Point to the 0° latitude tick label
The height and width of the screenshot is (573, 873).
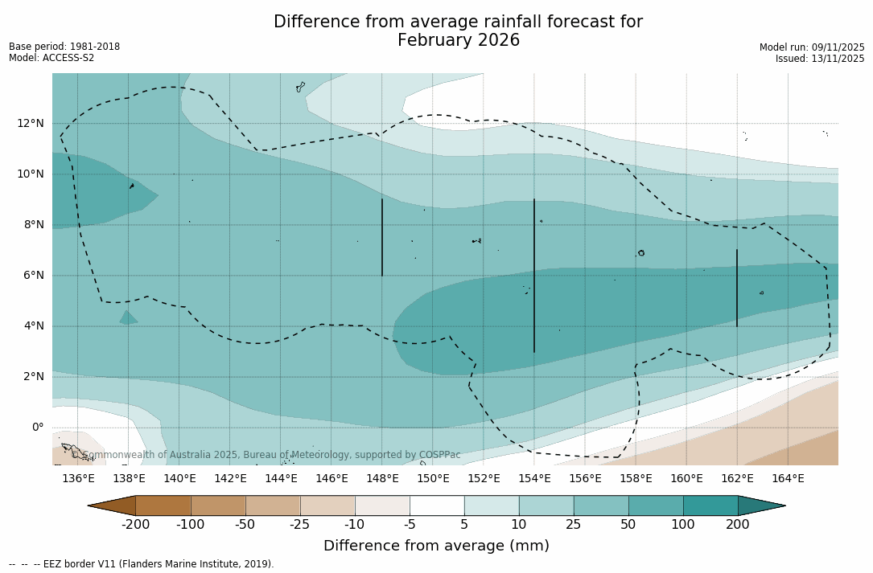[x=38, y=427]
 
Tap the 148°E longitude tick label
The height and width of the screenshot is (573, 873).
[x=382, y=479]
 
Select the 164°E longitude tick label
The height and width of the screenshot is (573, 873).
[x=788, y=479]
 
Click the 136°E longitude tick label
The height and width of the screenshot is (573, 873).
[x=78, y=479]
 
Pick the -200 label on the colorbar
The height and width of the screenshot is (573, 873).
[x=136, y=525]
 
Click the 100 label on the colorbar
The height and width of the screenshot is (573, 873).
[x=683, y=525]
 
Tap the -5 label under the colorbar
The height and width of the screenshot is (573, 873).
[x=410, y=525]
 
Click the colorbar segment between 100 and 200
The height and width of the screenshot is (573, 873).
[x=710, y=505]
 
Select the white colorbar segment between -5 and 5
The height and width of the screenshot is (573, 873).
[x=437, y=505]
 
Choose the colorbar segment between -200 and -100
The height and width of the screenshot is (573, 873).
[x=163, y=505]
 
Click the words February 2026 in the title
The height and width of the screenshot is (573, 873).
[x=459, y=40]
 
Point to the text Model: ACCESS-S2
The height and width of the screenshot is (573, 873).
[x=51, y=58]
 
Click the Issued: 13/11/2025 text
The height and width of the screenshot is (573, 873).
[x=820, y=59]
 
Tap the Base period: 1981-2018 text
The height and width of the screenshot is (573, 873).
[x=64, y=47]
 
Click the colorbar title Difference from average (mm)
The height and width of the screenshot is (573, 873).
[x=436, y=546]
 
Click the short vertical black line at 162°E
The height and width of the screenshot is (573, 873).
[x=737, y=288]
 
